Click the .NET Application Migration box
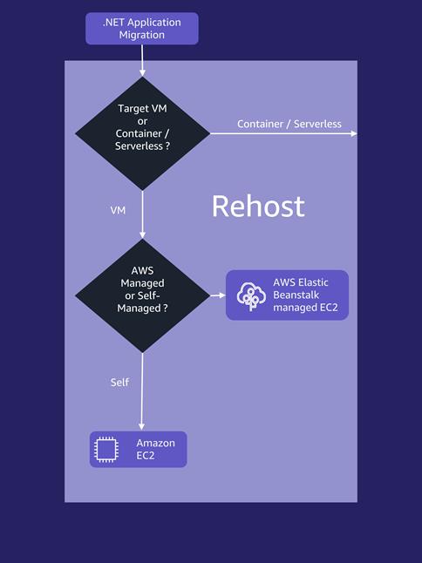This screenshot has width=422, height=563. [x=141, y=28]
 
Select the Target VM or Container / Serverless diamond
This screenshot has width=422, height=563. [x=142, y=133]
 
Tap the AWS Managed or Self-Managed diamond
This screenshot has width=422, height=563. [x=142, y=295]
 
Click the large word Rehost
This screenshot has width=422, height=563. [x=258, y=207]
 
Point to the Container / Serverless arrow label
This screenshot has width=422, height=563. [x=289, y=125]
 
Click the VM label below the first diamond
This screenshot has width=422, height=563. [x=119, y=211]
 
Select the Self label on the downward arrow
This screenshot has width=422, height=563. [x=119, y=383]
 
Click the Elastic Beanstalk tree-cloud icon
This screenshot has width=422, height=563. [x=251, y=295]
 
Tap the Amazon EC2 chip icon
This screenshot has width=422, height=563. [x=106, y=450]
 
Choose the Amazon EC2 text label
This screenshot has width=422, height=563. [x=155, y=450]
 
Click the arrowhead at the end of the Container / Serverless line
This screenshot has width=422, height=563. [x=353, y=133]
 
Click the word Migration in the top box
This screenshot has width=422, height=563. [x=142, y=35]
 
